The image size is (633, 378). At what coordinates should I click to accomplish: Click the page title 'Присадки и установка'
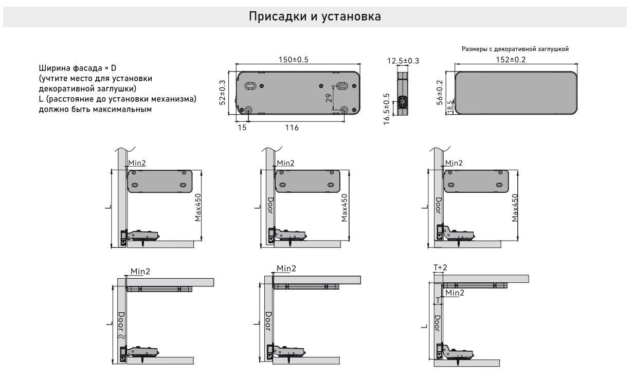click(315, 16)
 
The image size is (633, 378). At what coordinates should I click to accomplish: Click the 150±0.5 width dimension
click(293, 60)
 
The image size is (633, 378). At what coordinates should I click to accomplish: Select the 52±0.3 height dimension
click(223, 93)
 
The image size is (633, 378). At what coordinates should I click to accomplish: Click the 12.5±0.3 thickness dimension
click(403, 61)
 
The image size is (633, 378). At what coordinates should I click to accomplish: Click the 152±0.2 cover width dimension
click(516, 60)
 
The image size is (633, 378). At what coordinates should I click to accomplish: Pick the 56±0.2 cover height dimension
click(440, 93)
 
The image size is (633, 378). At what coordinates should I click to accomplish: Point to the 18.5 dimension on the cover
click(450, 107)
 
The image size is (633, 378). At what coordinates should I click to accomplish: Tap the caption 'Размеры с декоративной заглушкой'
click(515, 49)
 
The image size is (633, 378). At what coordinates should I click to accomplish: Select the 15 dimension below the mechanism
click(242, 127)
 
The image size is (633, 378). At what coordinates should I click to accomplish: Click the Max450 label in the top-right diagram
click(515, 208)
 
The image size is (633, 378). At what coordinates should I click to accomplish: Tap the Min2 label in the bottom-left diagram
click(140, 271)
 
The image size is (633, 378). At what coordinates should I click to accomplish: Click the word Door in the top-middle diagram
click(270, 207)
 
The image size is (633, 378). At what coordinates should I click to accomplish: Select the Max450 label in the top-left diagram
click(198, 208)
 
